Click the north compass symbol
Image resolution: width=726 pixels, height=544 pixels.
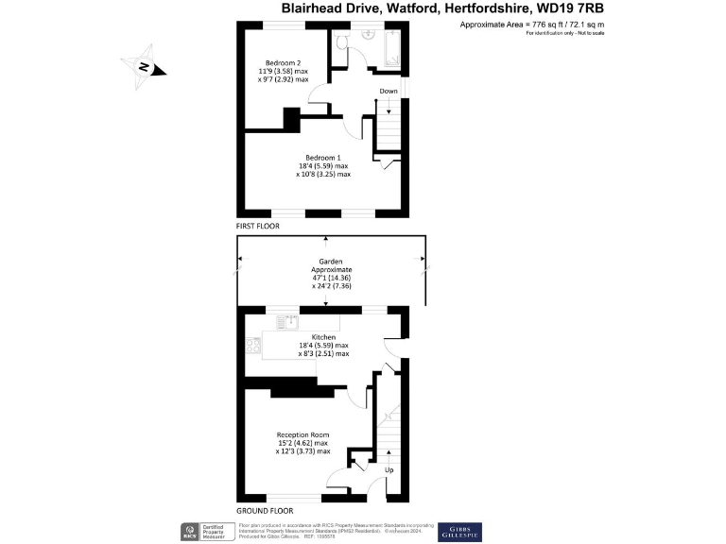click(x=145, y=66)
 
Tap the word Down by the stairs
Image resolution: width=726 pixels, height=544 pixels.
click(x=388, y=92)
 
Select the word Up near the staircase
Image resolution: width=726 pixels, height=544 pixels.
click(x=389, y=468)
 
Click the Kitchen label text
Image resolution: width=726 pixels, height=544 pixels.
click(x=324, y=336)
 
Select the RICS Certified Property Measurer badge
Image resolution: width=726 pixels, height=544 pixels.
click(x=204, y=532)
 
